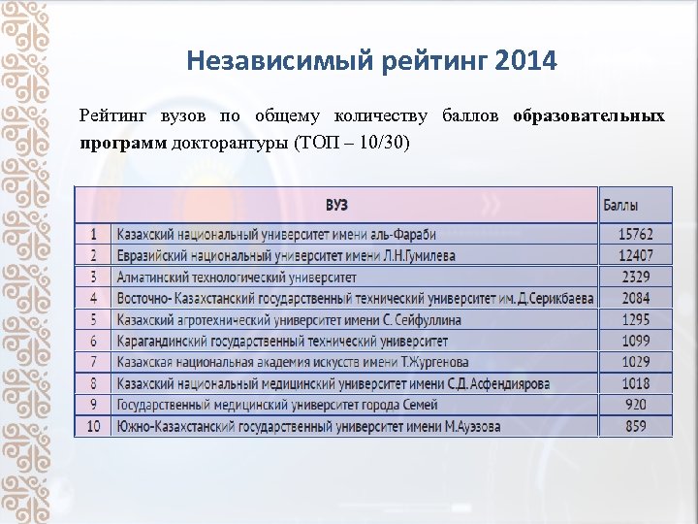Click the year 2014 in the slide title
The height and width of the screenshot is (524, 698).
point(525,62)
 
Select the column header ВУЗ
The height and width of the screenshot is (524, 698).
point(336,205)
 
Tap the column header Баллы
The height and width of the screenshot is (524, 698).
point(621,205)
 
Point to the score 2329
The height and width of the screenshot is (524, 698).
point(637,277)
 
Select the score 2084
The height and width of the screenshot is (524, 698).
point(637,298)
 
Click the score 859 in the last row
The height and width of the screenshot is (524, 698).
point(637,426)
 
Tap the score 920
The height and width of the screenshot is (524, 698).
point(637,405)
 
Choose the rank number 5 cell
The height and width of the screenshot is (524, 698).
point(93,319)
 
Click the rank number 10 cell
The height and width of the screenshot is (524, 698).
point(93,426)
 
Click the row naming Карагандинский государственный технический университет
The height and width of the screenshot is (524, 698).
point(282,341)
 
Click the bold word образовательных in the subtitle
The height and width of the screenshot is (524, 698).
point(588,116)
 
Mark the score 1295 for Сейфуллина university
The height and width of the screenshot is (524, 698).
point(637,319)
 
